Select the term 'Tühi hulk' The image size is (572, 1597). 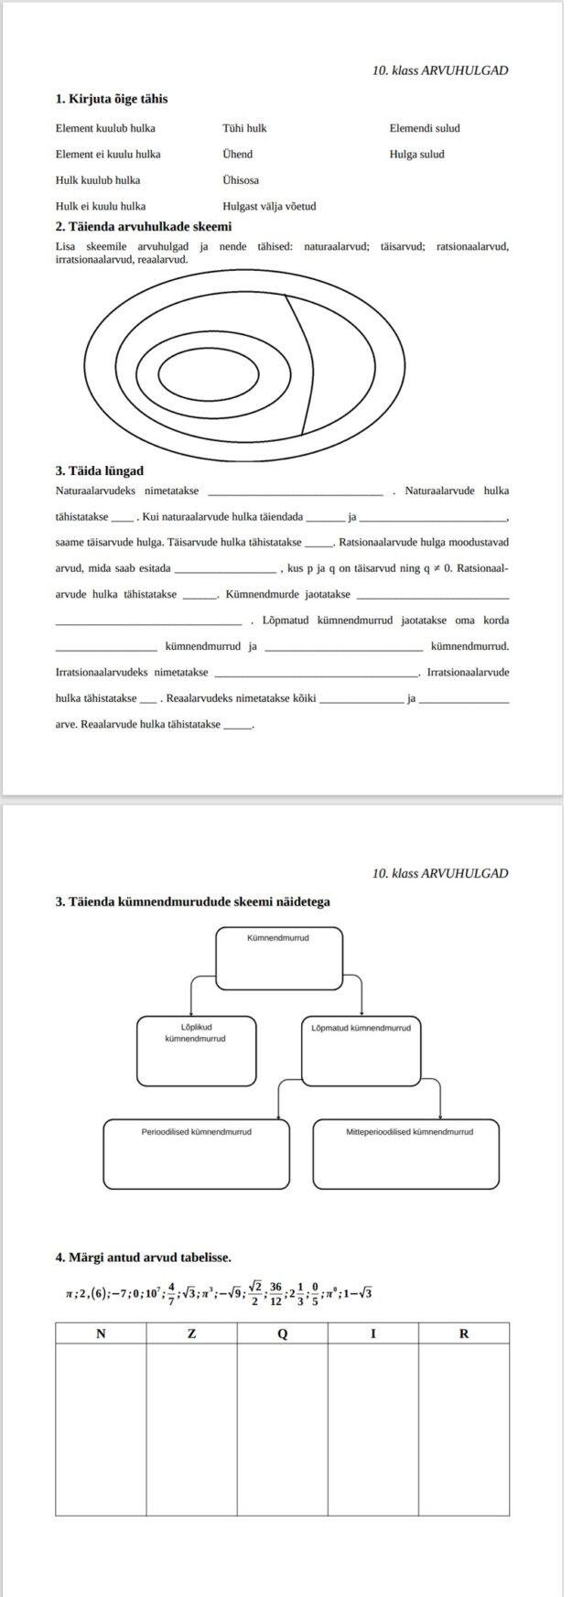point(244,128)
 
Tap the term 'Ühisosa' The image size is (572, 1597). point(240,180)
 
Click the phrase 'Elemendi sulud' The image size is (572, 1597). point(424,128)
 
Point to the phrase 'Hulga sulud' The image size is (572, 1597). point(416,155)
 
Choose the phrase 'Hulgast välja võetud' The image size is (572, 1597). point(269,206)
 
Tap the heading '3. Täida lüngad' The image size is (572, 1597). point(99,470)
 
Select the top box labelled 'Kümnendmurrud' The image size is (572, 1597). point(279,957)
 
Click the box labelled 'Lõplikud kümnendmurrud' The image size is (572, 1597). point(195,1051)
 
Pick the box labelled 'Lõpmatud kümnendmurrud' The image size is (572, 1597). point(361,1051)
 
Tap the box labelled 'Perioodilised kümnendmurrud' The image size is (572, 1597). point(196,1153)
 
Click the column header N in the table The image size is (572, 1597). point(101,1333)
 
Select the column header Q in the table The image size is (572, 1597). point(282,1333)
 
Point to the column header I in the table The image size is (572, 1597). point(372,1333)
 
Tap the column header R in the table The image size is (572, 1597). point(463,1333)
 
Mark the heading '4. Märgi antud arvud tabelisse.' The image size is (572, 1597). point(143,1257)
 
